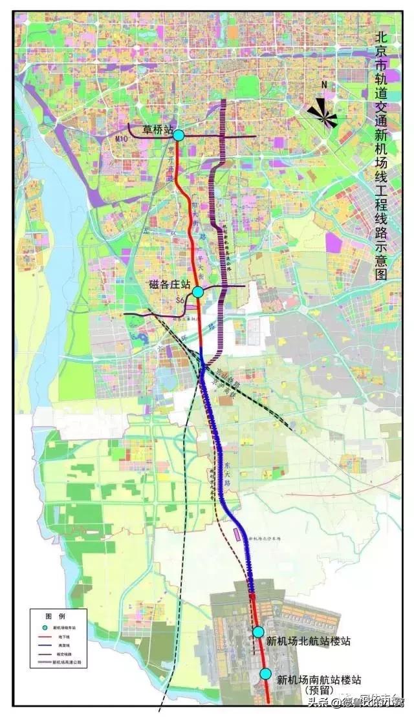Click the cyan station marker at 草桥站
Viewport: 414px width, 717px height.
(x=179, y=134)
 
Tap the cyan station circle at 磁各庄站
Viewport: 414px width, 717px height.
(x=198, y=292)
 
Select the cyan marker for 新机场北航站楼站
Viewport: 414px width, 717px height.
(x=258, y=632)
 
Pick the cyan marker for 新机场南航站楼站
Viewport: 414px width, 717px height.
(x=266, y=674)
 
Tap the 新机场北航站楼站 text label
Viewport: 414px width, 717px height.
(x=309, y=641)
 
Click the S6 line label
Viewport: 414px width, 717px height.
(x=180, y=301)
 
